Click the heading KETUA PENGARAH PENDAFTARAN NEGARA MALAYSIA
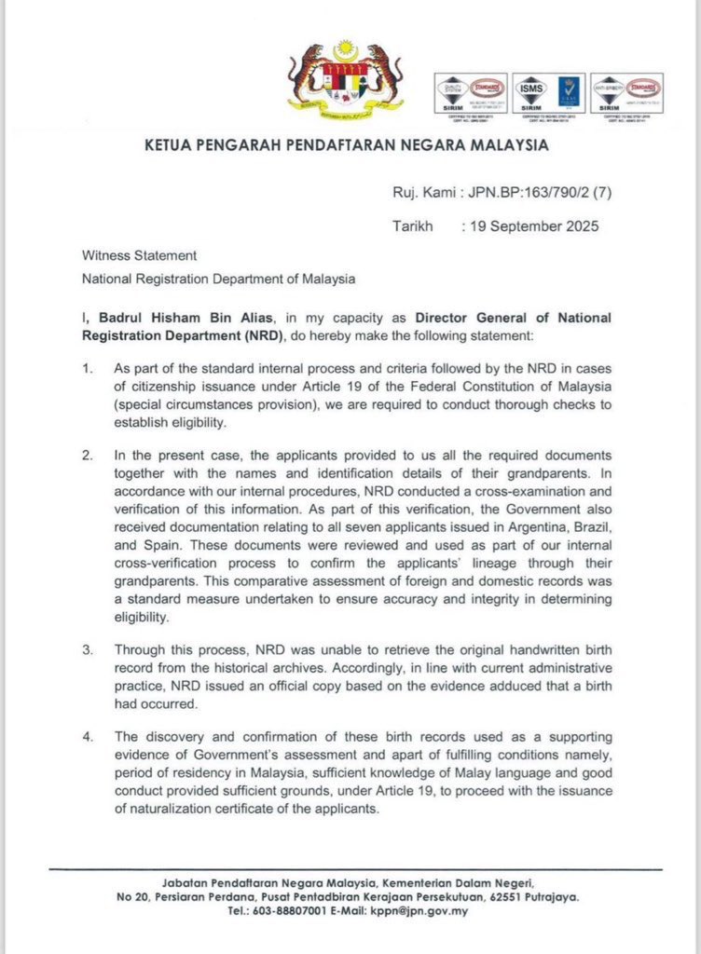346,146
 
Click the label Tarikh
413,225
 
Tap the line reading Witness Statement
139,255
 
